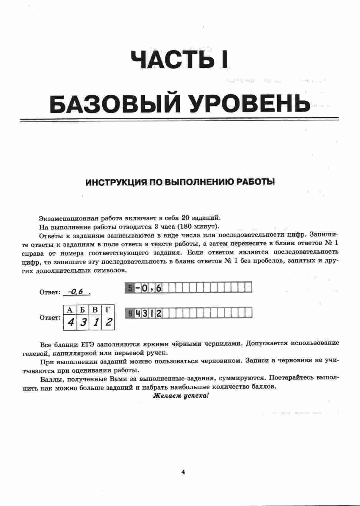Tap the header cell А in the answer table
(x=70, y=310)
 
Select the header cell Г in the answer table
(x=108, y=310)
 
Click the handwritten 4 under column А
(x=70, y=322)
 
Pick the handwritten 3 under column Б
(x=83, y=322)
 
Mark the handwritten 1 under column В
(x=95, y=322)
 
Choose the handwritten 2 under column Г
(x=108, y=322)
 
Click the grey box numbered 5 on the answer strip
(x=130, y=288)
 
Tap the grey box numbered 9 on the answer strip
(x=130, y=313)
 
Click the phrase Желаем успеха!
(x=181, y=396)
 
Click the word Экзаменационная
(x=69, y=218)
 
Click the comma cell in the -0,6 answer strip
(x=151, y=288)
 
